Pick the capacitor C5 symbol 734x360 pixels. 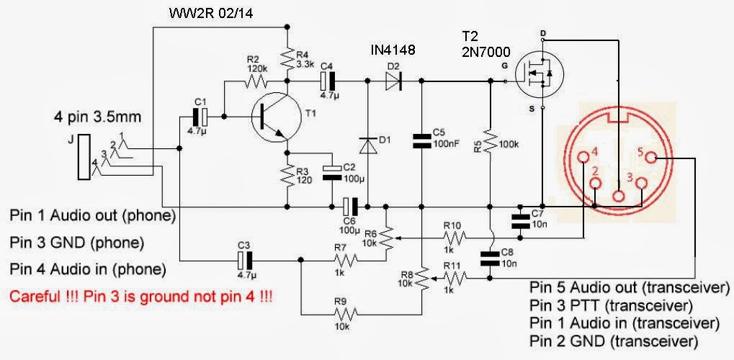(x=421, y=142)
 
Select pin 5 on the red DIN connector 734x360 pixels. (x=650, y=158)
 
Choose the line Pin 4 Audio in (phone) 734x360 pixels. (x=89, y=269)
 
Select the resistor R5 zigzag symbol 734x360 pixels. (x=490, y=143)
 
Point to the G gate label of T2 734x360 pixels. (x=504, y=66)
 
